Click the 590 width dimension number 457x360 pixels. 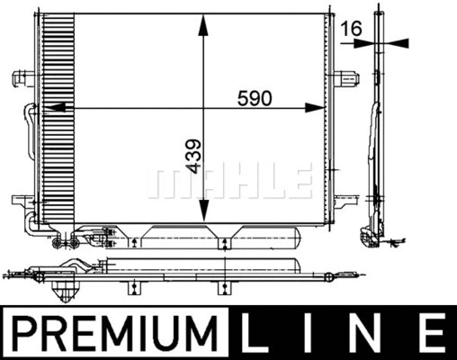(254, 99)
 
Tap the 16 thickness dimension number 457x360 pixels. (352, 30)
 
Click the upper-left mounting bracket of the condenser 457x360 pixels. (20, 75)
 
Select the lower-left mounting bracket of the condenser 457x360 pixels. (20, 200)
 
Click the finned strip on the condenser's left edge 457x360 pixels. (55, 117)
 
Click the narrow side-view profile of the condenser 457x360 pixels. (376, 135)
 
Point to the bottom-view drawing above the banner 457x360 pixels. (180, 269)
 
